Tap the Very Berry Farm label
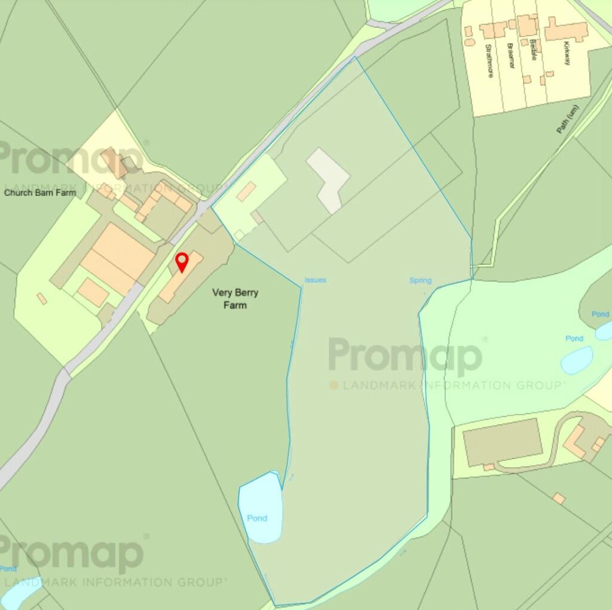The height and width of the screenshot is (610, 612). point(235,299)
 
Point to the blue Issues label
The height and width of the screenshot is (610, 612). point(315,280)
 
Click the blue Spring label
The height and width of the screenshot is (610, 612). point(420,280)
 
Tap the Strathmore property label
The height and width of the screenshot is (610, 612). point(489,60)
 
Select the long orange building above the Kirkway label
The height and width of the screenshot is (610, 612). point(566,30)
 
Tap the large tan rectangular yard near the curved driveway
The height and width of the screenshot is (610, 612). point(503,441)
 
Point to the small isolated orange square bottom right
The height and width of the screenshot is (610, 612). point(559,498)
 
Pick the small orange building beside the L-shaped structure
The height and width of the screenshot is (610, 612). point(246,191)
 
